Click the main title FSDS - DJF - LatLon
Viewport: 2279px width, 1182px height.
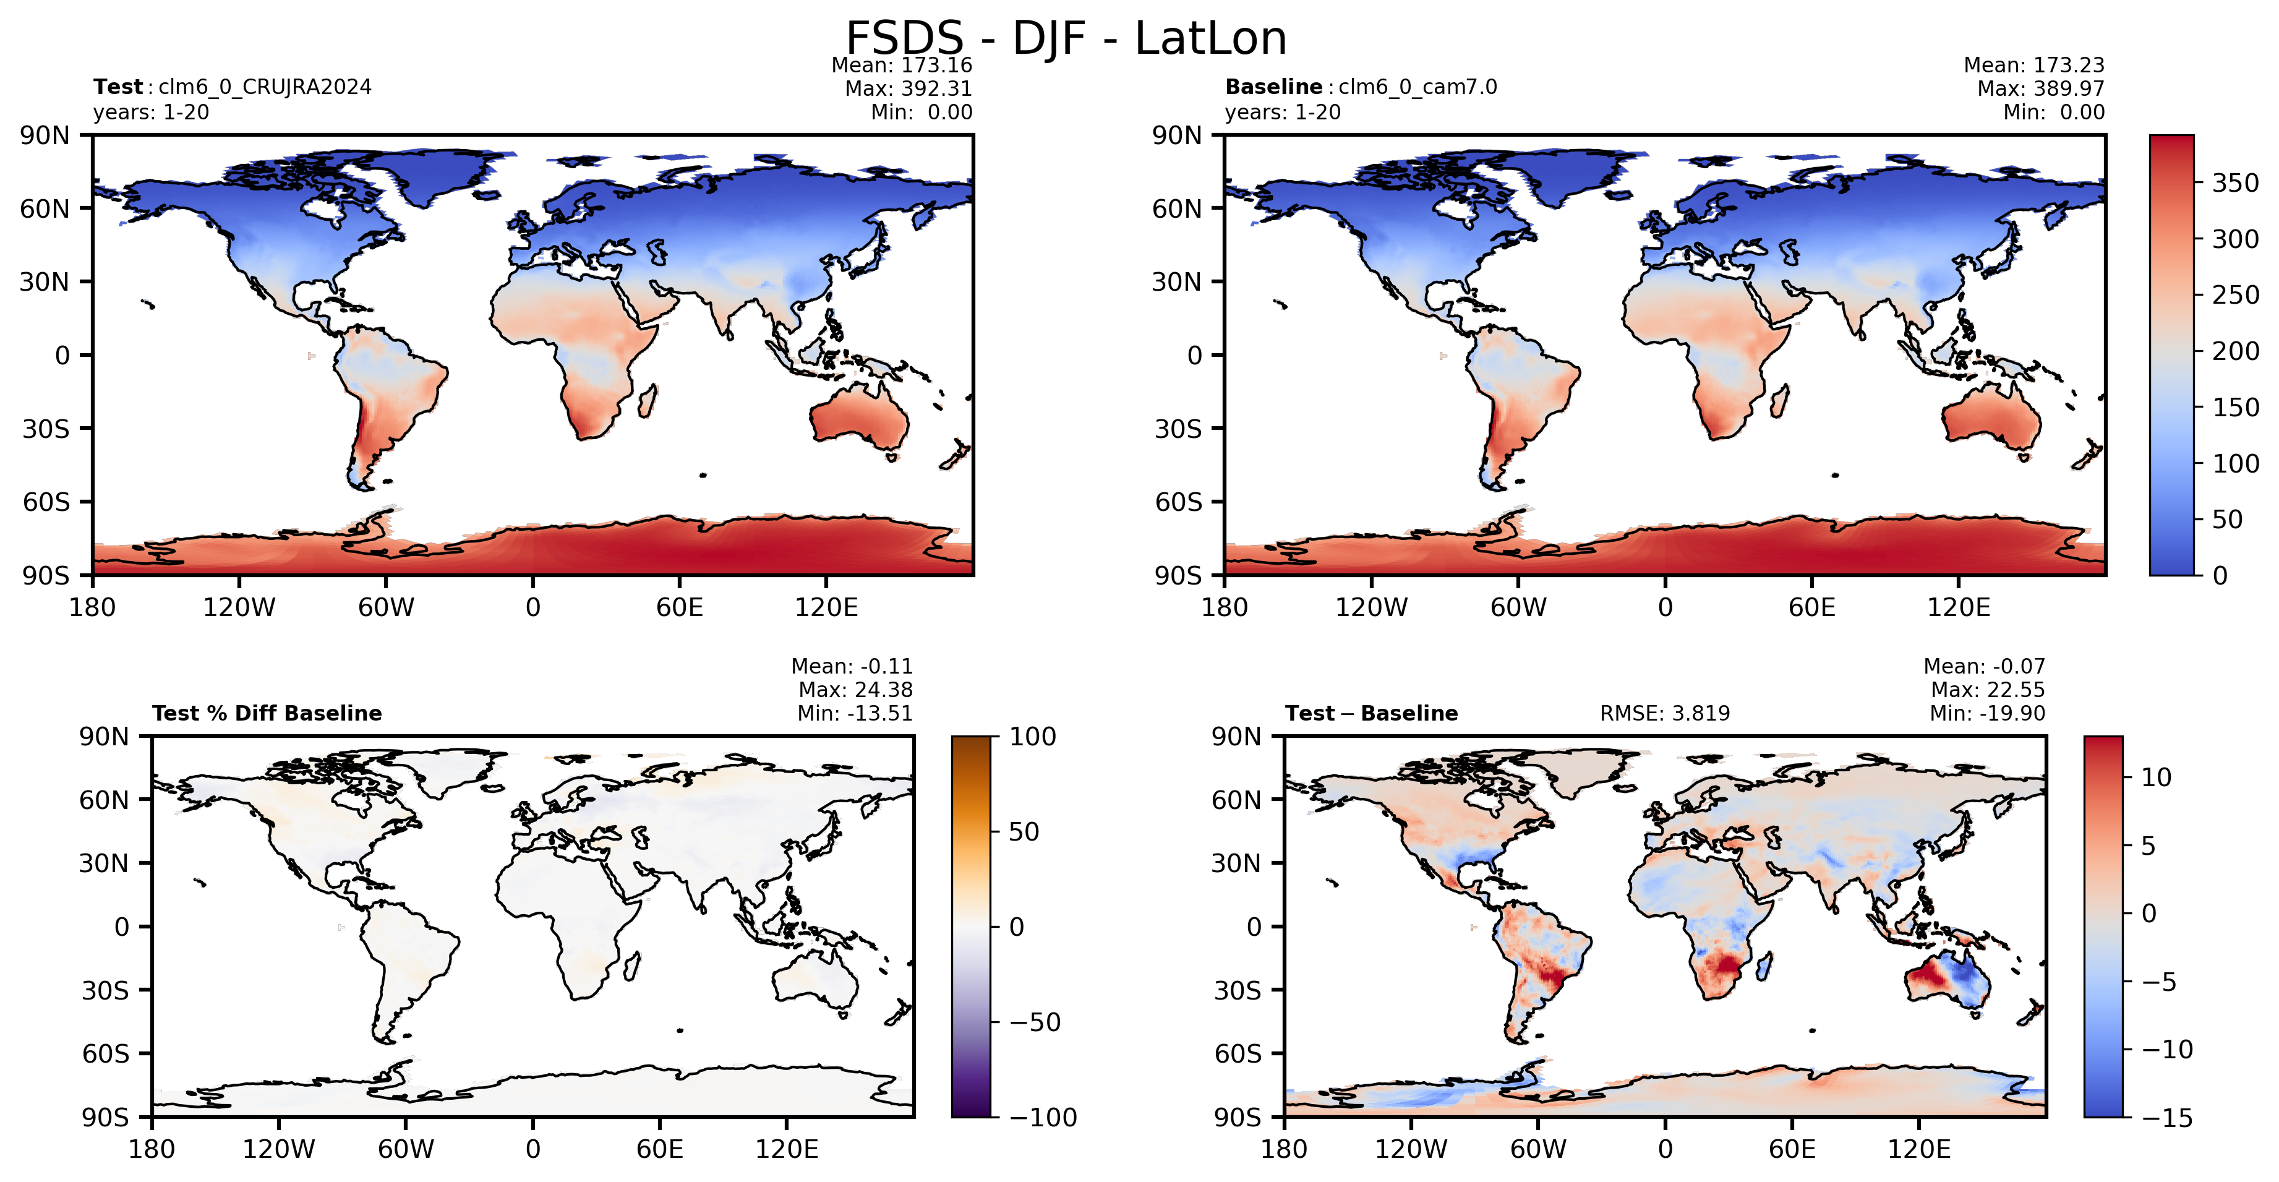point(1066,38)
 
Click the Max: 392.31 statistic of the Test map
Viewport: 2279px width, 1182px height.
point(908,88)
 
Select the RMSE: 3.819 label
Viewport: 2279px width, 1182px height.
point(1664,713)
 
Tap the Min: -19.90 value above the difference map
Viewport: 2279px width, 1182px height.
point(1987,713)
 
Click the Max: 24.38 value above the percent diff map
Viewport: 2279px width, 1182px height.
point(855,689)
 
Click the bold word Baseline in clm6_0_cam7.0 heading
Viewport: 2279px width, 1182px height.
point(1273,87)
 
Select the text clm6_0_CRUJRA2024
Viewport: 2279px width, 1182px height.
point(265,87)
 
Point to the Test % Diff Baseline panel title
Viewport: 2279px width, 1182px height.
point(267,713)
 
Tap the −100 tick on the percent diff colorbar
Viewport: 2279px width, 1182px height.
point(1043,1118)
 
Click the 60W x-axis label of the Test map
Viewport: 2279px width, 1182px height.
point(386,607)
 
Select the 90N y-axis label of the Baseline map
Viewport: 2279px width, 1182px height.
point(1177,135)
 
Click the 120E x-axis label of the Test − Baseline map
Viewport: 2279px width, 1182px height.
point(1919,1149)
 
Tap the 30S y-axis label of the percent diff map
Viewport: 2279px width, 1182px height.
point(105,990)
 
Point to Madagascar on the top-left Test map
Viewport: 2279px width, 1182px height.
point(647,400)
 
